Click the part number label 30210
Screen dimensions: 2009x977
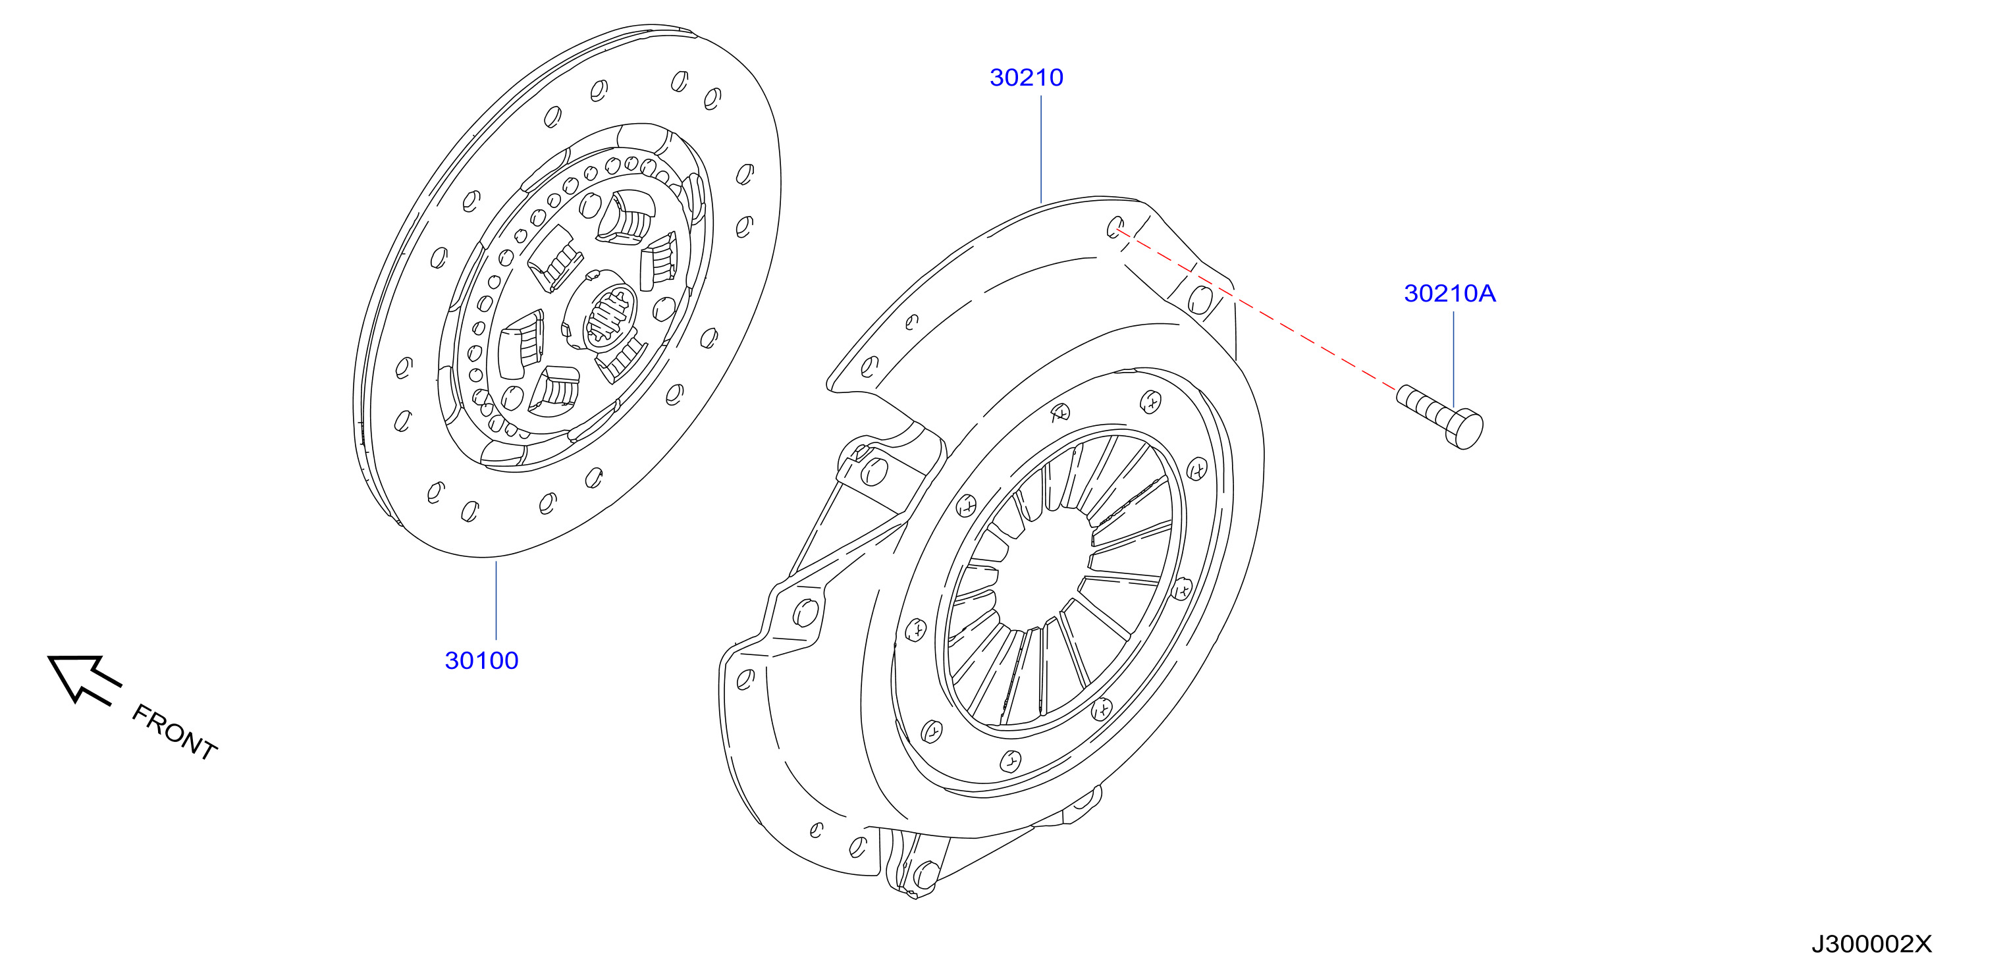[x=1027, y=77]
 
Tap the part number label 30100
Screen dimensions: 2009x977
[x=481, y=660]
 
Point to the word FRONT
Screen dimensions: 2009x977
[x=174, y=731]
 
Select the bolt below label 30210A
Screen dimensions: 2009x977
[x=1439, y=416]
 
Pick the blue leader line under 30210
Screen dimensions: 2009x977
[x=1041, y=149]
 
